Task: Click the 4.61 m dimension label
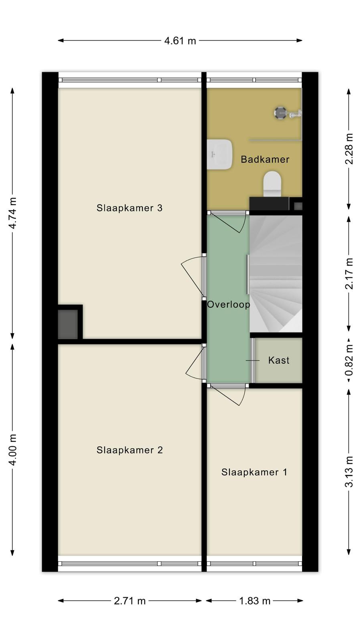[x=180, y=41]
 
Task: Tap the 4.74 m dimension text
[x=12, y=213]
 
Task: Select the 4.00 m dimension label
[x=12, y=450]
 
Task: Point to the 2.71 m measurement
[x=130, y=601]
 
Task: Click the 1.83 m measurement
[x=255, y=601]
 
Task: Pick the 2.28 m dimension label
[x=349, y=149]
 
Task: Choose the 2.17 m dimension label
[x=349, y=274]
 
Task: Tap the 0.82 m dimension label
[x=349, y=360]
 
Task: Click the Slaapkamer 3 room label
[x=130, y=208]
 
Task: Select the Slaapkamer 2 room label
[x=130, y=450]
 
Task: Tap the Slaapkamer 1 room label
[x=254, y=472]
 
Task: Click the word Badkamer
[x=265, y=159]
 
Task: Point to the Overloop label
[x=229, y=304]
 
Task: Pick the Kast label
[x=279, y=360]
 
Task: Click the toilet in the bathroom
[x=272, y=184]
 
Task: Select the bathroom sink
[x=219, y=154]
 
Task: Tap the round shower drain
[x=280, y=113]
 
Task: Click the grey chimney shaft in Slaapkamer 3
[x=68, y=324]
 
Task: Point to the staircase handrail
[x=247, y=274]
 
